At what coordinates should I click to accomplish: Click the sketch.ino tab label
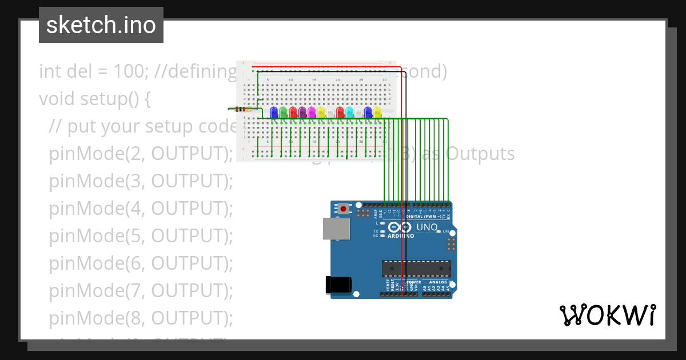point(101,25)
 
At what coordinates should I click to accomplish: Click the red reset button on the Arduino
point(343,209)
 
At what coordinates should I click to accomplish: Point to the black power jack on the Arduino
point(337,285)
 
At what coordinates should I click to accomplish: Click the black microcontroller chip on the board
point(416,269)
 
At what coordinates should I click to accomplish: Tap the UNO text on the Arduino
point(426,227)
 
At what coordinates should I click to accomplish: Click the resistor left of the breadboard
point(242,109)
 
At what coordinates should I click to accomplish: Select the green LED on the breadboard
point(283,111)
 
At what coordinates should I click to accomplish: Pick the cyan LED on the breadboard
point(349,111)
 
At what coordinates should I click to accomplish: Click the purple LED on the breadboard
point(302,111)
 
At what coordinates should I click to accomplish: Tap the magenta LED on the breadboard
point(312,111)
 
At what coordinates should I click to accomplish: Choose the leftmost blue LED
point(274,111)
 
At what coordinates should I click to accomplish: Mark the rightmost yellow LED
point(377,111)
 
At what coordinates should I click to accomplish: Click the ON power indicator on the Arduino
point(446,231)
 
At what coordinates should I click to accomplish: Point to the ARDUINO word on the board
point(401,236)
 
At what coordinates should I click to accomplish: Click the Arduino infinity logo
point(401,227)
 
